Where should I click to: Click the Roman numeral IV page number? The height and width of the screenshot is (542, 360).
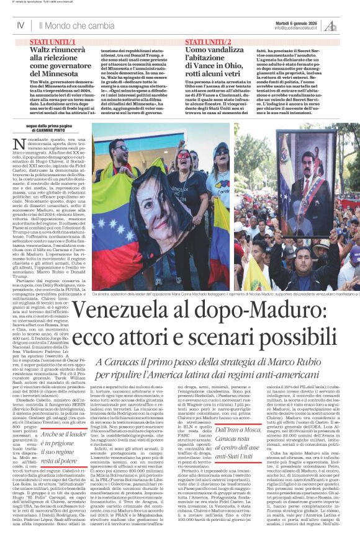[x=20, y=25]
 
